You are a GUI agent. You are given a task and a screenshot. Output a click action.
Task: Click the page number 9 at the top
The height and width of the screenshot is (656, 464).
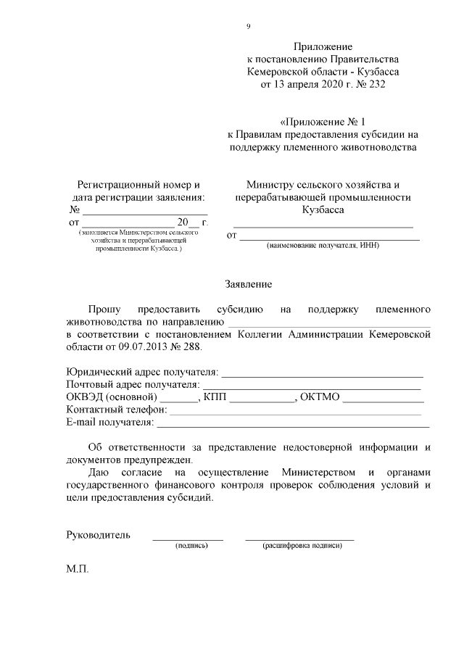pos(248,27)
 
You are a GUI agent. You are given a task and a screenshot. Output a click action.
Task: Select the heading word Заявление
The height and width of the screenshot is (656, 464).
pos(248,285)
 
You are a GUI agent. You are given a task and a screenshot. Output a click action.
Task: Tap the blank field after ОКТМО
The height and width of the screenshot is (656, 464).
pos(384,399)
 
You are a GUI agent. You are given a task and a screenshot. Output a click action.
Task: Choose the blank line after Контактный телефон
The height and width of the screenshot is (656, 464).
pos(295,411)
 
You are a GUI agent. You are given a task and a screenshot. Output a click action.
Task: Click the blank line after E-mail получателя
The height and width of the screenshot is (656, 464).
pos(293,423)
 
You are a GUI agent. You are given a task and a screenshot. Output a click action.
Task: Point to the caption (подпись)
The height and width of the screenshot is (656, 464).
pos(187,546)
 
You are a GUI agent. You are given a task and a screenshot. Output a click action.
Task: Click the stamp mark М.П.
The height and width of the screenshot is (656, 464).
pos(77,570)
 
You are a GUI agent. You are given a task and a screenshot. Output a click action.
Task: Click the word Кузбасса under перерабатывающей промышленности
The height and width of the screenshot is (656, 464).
pos(323,209)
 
